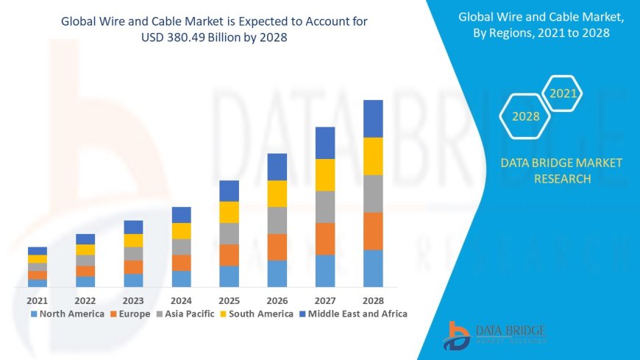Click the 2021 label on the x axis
tap(37, 300)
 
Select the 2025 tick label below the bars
tap(229, 300)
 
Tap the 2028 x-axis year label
tap(373, 300)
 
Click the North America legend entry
tap(67, 314)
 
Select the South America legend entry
tap(258, 314)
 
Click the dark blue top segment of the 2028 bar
tap(373, 119)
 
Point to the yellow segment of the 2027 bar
tap(325, 174)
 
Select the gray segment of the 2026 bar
tap(277, 220)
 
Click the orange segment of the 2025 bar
tap(229, 255)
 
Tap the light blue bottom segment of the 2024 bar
tap(181, 278)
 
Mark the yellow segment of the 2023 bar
tap(133, 240)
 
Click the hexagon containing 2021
tap(563, 93)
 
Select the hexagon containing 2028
tap(526, 116)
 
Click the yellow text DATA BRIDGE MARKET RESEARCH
tap(561, 170)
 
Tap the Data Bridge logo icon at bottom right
tap(458, 335)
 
